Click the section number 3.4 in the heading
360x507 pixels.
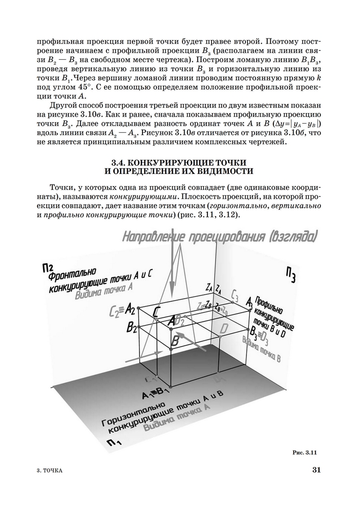pos(120,162)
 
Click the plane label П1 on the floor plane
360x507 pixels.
pos(114,445)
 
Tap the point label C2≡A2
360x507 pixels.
pos(122,309)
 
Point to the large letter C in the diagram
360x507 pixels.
pos(158,312)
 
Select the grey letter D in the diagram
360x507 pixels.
pos(224,328)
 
